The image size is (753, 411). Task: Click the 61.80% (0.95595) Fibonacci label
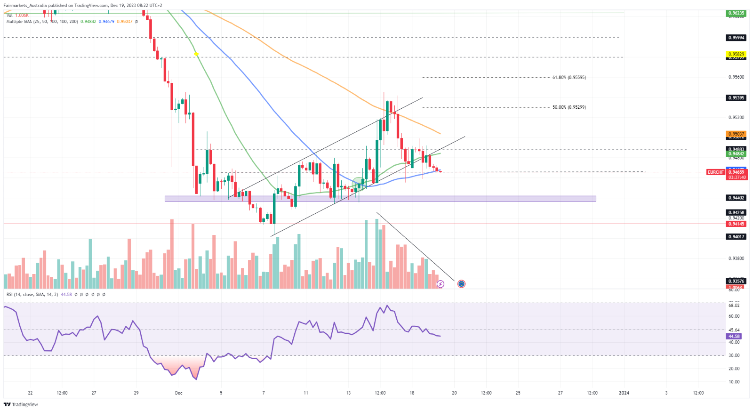click(569, 77)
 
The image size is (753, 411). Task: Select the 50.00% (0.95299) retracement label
click(569, 107)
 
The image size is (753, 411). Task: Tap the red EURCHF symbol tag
click(715, 172)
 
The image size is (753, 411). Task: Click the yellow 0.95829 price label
click(736, 54)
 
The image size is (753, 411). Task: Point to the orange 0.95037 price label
click(736, 134)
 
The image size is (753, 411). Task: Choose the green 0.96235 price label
click(736, 13)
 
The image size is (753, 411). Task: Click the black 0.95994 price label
click(736, 38)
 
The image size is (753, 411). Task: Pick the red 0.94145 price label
click(736, 224)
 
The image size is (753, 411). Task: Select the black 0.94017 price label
click(736, 237)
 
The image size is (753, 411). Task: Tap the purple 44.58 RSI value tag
click(734, 336)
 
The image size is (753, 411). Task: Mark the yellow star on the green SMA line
click(196, 55)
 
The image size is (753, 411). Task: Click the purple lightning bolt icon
click(441, 284)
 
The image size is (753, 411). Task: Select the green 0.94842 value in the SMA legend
click(88, 22)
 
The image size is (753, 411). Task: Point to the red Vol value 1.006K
click(22, 16)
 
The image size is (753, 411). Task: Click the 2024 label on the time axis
click(624, 393)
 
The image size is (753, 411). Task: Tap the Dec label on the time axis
click(178, 393)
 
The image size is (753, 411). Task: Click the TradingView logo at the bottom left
click(21, 404)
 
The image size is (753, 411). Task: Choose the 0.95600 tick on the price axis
click(736, 77)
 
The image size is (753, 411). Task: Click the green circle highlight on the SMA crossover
click(359, 183)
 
